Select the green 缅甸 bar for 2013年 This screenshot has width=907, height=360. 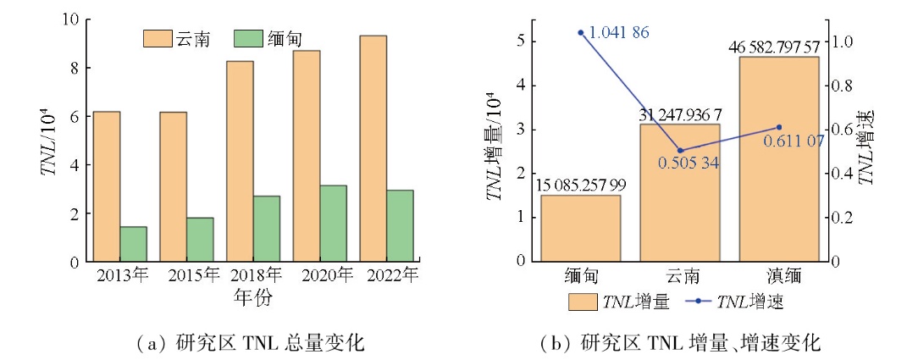tap(133, 244)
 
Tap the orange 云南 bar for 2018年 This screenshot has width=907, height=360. tap(240, 161)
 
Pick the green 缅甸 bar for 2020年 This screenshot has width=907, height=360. tap(334, 224)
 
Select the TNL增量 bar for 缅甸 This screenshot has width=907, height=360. tap(581, 228)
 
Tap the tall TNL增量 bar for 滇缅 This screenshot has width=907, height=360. tap(779, 159)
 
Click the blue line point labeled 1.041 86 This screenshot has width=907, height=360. tap(581, 32)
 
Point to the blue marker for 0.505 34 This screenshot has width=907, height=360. tap(680, 151)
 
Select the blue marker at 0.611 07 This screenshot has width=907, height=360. tap(779, 127)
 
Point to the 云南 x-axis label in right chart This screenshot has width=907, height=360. tap(680, 276)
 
